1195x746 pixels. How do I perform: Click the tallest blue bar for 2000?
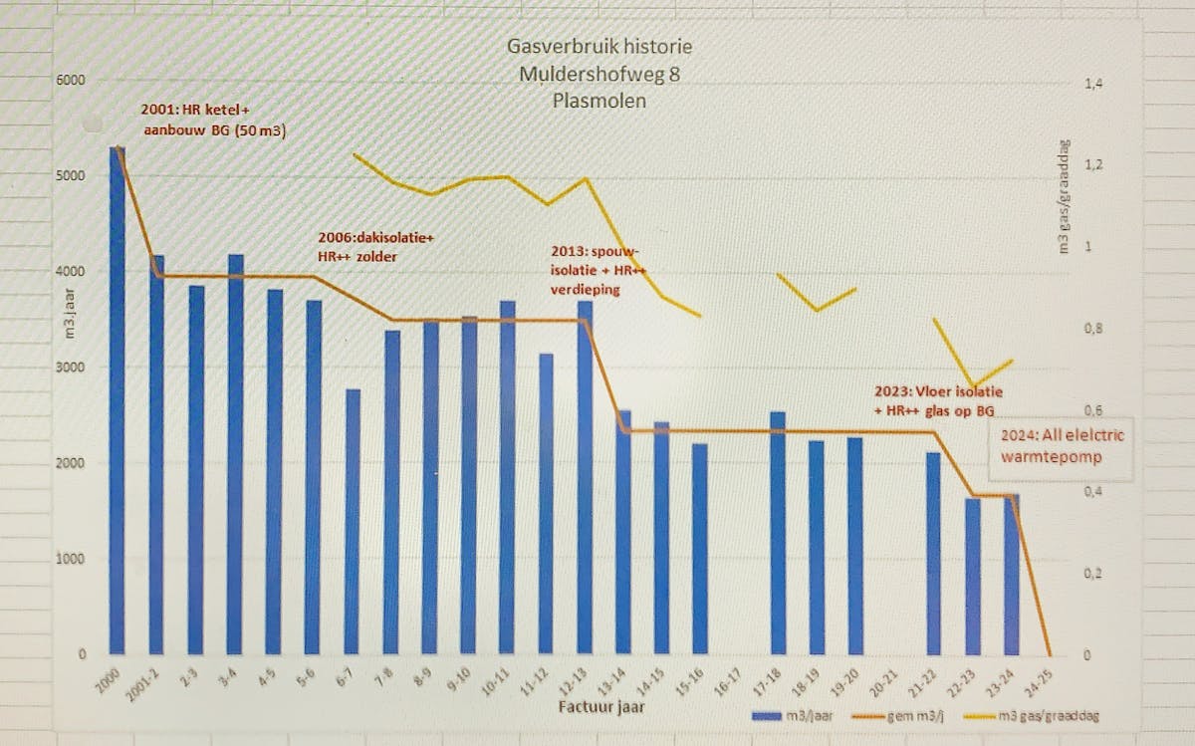tap(118, 398)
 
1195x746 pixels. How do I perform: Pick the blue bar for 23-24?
tap(1012, 573)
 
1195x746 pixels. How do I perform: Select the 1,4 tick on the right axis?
tap(1092, 85)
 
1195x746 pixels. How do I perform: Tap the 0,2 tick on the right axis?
tap(1092, 574)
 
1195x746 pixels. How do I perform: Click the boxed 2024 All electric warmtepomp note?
tap(1051, 447)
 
